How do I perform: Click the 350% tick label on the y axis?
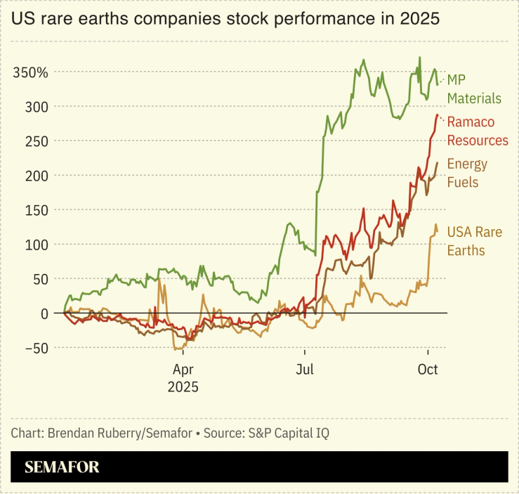31,72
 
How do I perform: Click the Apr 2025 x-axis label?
183,377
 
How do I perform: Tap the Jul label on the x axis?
305,369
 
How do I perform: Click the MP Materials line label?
474,89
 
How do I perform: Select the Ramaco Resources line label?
478,131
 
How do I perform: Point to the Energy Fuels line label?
467,173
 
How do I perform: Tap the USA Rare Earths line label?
474,240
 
